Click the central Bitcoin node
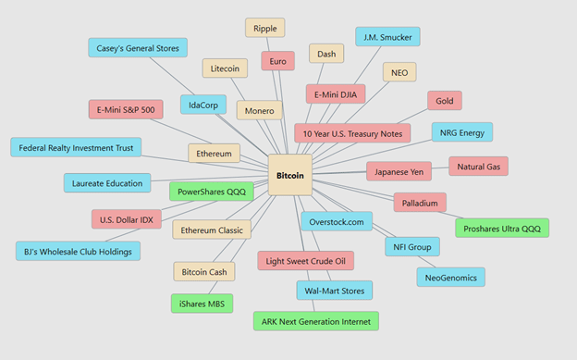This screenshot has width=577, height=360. pyautogui.click(x=290, y=175)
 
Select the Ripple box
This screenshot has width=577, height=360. pyautogui.click(x=265, y=28)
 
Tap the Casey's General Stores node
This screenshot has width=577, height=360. pyautogui.click(x=138, y=48)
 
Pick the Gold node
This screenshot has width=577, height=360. pyautogui.click(x=445, y=101)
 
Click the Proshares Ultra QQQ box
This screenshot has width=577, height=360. pyautogui.click(x=502, y=229)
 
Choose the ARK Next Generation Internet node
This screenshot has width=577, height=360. pyautogui.click(x=315, y=321)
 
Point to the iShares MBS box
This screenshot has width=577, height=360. pyautogui.click(x=202, y=304)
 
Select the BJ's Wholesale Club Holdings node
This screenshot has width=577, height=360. pyautogui.click(x=78, y=252)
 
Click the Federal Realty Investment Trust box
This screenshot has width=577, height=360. pyautogui.click(x=76, y=147)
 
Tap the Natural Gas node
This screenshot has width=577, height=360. pyautogui.click(x=478, y=167)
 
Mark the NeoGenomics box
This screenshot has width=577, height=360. pyautogui.click(x=451, y=278)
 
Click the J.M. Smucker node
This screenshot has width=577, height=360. pyautogui.click(x=387, y=37)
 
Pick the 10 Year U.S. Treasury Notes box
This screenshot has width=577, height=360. pyautogui.click(x=352, y=133)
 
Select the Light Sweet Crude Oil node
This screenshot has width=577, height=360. pyautogui.click(x=305, y=261)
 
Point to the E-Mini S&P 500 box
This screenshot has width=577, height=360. pyautogui.click(x=126, y=109)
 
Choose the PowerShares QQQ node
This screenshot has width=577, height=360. pyautogui.click(x=211, y=192)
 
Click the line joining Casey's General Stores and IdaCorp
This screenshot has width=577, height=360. pyautogui.click(x=172, y=76)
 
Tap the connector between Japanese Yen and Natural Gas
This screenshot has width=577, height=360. pyautogui.click(x=440, y=168)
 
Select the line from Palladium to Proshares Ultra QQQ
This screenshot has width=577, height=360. pyautogui.click(x=451, y=216)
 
